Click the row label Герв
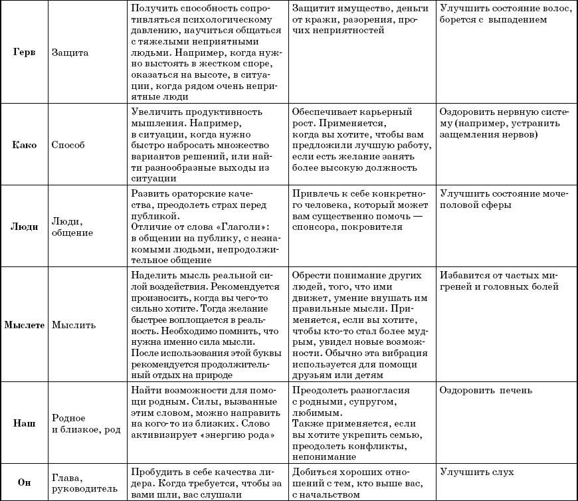click(x=25, y=52)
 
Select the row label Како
click(x=25, y=144)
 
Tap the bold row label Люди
click(x=25, y=227)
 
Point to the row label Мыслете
click(x=25, y=326)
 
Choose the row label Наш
click(x=25, y=423)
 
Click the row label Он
click(x=25, y=483)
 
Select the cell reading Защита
click(x=70, y=52)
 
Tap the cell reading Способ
click(x=68, y=144)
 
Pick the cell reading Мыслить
click(x=74, y=326)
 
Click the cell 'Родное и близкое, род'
click(x=86, y=423)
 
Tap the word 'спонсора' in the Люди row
click(x=316, y=227)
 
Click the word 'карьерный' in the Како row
click(x=389, y=112)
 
